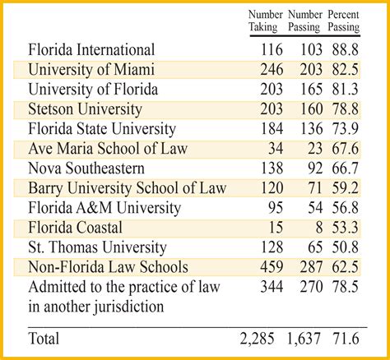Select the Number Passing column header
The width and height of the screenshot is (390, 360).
[x=304, y=21]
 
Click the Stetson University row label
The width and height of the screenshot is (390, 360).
[x=85, y=108]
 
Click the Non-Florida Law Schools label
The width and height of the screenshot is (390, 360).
[x=108, y=267]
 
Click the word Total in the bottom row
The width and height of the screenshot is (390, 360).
[x=48, y=338]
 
